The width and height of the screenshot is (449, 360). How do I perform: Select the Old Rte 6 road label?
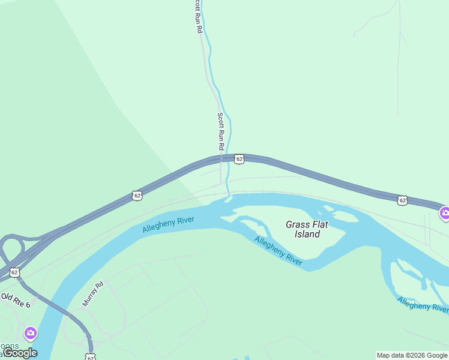click(x=15, y=300)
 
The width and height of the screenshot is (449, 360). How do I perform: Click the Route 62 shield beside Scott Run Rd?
click(x=239, y=159)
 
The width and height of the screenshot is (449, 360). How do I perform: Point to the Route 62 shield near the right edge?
click(x=402, y=200)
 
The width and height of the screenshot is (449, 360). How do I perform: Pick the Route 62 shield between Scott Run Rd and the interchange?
click(x=137, y=196)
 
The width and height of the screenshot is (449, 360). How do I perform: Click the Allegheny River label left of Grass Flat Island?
click(x=169, y=225)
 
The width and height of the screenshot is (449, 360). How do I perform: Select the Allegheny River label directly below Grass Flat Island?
click(x=278, y=250)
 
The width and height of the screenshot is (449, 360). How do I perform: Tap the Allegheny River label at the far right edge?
click(x=423, y=305)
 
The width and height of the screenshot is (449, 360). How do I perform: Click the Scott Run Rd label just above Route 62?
click(x=221, y=131)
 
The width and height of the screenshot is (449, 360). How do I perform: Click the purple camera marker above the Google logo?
click(x=30, y=332)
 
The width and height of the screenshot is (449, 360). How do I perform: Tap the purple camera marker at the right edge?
click(x=445, y=212)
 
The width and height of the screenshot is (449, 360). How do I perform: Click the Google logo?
click(x=20, y=353)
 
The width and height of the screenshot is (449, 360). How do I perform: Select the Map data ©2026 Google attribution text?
click(x=412, y=355)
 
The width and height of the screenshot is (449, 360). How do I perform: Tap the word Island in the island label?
click(x=307, y=234)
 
